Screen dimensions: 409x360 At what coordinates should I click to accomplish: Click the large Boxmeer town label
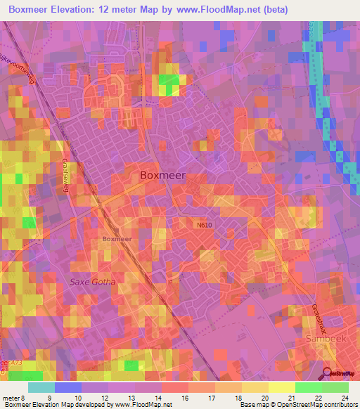163,176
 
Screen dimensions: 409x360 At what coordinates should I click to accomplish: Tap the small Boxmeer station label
117,239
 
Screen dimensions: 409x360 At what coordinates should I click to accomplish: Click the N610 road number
205,225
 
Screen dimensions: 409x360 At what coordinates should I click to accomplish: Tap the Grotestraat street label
315,316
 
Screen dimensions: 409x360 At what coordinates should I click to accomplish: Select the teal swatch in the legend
41,387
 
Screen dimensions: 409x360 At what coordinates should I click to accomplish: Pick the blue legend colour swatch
68,387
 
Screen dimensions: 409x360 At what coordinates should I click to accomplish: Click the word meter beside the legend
11,398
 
